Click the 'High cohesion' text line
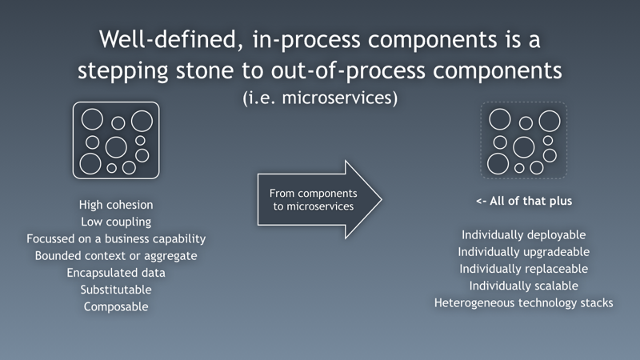(x=116, y=205)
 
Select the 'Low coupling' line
(x=116, y=222)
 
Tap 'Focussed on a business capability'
(x=116, y=238)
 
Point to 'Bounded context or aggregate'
(x=116, y=255)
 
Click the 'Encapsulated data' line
(x=116, y=272)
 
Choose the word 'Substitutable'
(x=116, y=289)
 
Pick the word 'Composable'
(x=116, y=306)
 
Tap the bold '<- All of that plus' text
(x=524, y=201)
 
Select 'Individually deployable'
(x=524, y=234)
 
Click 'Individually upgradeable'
(x=524, y=251)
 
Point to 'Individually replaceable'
(x=524, y=268)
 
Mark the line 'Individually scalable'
(x=524, y=285)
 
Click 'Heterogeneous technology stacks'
(x=524, y=302)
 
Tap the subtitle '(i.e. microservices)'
(x=320, y=99)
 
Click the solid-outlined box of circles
(x=116, y=140)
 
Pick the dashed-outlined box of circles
(x=523, y=140)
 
